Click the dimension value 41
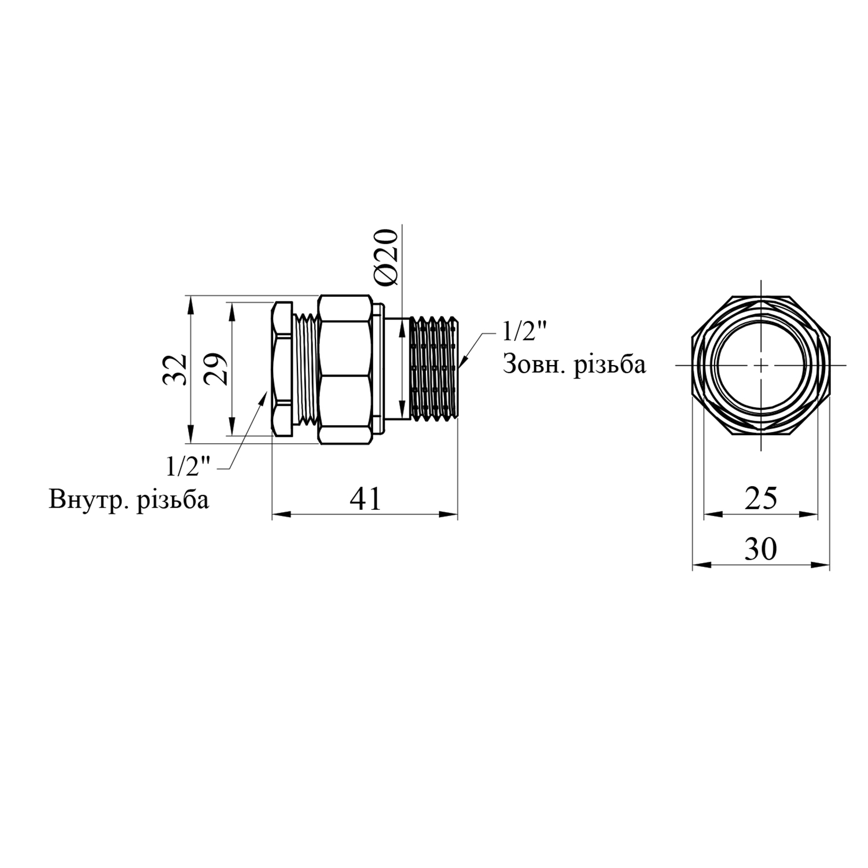(366, 498)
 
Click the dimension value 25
(760, 498)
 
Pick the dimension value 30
(760, 549)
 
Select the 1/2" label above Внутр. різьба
(189, 466)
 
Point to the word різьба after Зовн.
(609, 366)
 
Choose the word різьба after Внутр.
(172, 500)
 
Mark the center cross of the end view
(761, 366)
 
